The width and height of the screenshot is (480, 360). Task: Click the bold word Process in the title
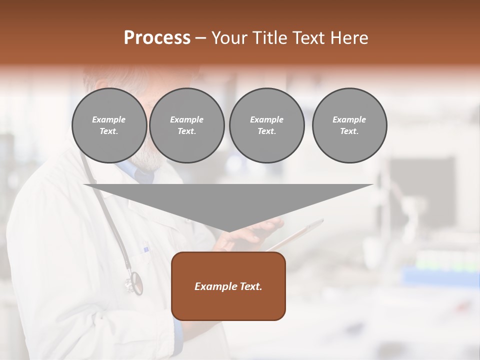coord(157,38)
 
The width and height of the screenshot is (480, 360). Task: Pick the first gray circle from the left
coord(109,125)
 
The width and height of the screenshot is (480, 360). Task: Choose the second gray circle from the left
coord(186,125)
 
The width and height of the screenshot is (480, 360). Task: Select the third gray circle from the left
coord(266,125)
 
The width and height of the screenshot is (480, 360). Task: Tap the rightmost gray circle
coord(349,125)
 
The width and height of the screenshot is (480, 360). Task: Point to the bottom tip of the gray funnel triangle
coord(228,231)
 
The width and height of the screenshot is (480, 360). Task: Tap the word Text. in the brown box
coord(250,286)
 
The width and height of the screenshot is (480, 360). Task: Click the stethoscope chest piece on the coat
coord(134,282)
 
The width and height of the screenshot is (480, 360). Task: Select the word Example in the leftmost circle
coord(109,119)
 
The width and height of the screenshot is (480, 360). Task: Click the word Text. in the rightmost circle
coord(349,131)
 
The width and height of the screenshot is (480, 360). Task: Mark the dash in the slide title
coord(200,38)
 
